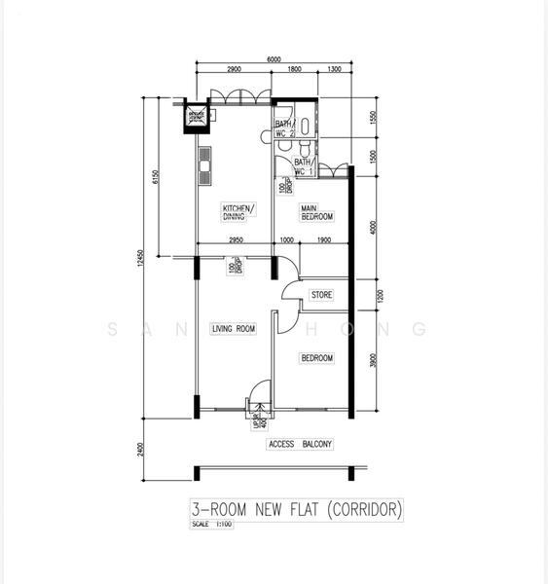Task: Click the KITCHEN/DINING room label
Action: click(x=237, y=213)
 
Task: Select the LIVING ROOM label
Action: click(x=233, y=329)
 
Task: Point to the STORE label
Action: click(x=321, y=294)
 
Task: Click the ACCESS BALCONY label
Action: click(x=300, y=445)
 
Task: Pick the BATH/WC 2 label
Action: click(x=283, y=128)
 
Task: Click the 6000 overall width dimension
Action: click(x=274, y=59)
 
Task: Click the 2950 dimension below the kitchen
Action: click(x=236, y=240)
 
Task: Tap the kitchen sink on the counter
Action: click(x=205, y=166)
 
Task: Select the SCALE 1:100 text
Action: click(x=209, y=525)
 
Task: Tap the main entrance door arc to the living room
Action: click(x=259, y=395)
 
